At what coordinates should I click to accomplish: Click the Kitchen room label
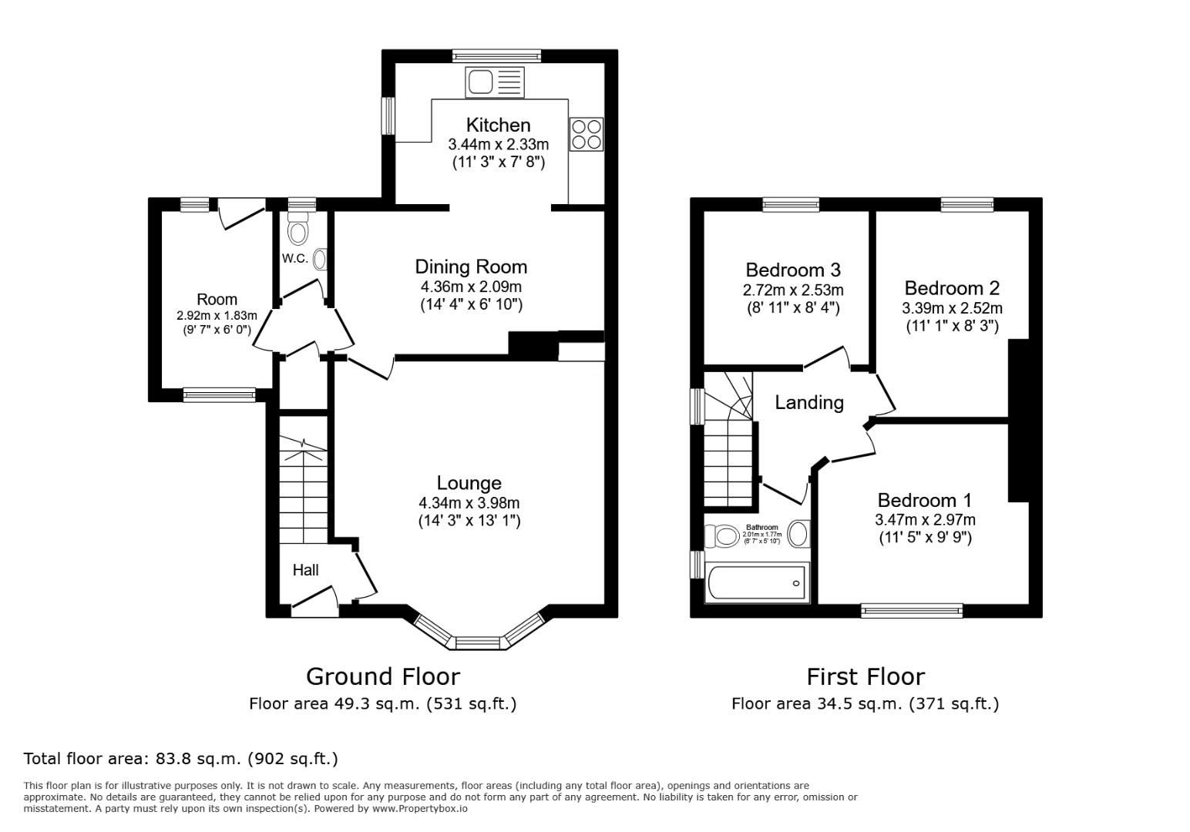coord(498,125)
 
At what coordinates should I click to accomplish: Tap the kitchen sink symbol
coord(494,82)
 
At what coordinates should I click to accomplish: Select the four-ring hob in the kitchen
coord(586,134)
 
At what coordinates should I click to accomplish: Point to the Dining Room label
coord(471,267)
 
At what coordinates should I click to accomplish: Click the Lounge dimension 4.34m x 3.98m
coord(469,503)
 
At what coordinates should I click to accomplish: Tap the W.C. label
coord(294,259)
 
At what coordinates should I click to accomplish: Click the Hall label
coord(305,570)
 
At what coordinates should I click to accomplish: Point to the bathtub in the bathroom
coord(757,583)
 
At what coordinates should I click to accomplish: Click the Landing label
coord(808,402)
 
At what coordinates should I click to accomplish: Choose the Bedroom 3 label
coord(792,270)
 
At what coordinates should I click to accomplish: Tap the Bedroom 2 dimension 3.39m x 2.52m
coord(952,308)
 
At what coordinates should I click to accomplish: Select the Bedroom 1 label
coord(924,500)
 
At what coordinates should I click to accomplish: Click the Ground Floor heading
coord(382,676)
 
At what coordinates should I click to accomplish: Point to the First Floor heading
coord(865,676)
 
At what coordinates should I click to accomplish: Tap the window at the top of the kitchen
coord(496,55)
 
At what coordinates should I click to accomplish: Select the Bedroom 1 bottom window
coord(912,611)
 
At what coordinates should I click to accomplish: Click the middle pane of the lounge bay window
coord(478,642)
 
